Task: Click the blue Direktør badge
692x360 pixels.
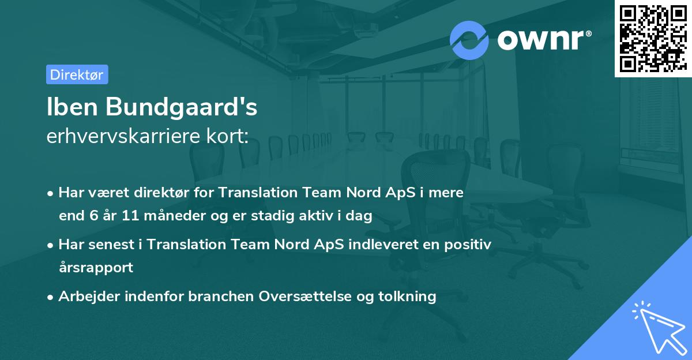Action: coord(77,74)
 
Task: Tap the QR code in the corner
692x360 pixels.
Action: coord(653,38)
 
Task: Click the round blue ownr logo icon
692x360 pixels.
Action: coord(469,40)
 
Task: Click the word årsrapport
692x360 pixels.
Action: coord(96,267)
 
